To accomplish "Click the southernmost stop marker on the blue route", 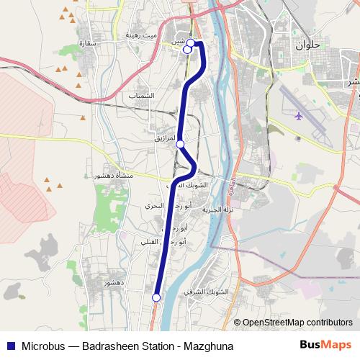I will [156, 297].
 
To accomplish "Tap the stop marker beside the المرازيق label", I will [180, 144].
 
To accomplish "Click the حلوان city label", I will [307, 45].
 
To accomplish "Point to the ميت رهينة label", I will [140, 35].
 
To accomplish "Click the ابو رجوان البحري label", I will [168, 206].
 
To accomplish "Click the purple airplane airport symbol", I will [299, 115].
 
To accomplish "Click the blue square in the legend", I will [10, 346].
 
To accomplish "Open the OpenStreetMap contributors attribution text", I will [297, 323].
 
